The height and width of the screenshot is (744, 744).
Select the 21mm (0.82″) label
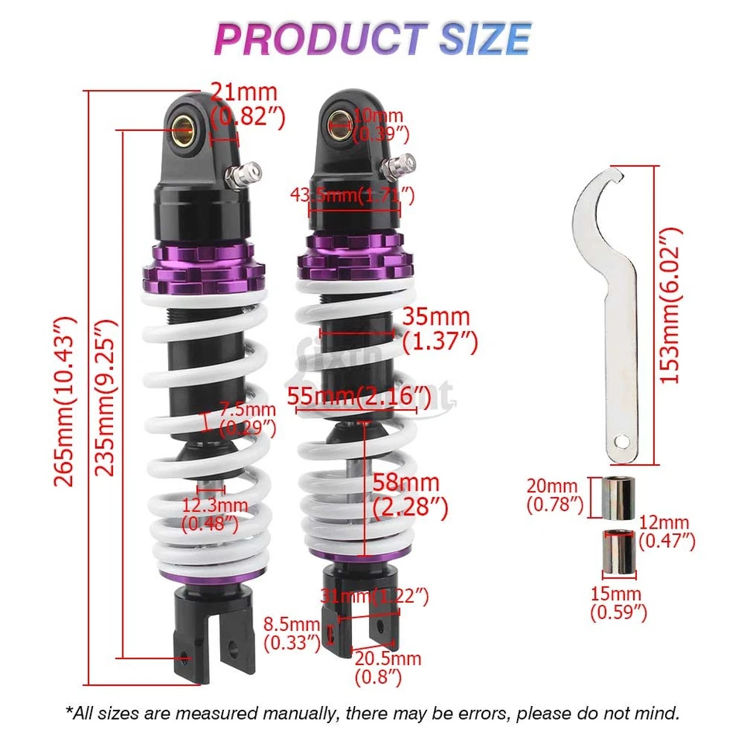click(x=247, y=106)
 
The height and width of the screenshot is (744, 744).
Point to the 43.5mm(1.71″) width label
click(x=353, y=195)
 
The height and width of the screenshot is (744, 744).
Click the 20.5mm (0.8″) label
click(x=387, y=667)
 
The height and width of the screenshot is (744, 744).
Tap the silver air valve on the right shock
click(x=401, y=165)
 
